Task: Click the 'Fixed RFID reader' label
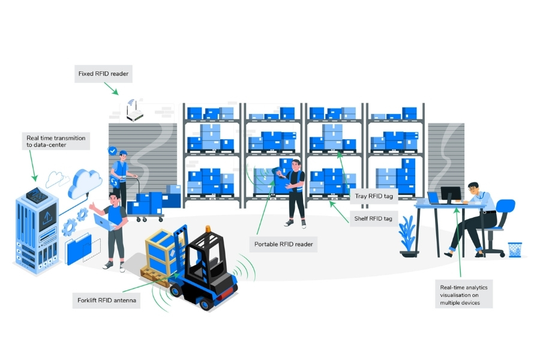point(103,74)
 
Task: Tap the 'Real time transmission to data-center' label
point(56,142)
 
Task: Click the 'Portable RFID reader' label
point(284,244)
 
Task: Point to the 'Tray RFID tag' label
point(369,196)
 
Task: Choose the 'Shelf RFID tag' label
point(370,218)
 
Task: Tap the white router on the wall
point(138,113)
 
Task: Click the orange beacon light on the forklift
point(208,229)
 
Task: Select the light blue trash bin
point(515,250)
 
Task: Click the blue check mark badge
point(112,151)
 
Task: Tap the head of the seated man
point(474,188)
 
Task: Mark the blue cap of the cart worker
point(123,152)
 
